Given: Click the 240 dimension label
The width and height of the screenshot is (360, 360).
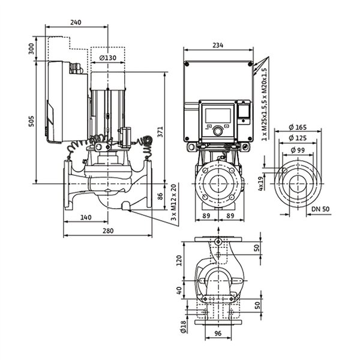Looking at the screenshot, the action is click(x=76, y=22).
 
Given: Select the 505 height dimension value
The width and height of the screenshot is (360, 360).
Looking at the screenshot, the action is click(x=31, y=121).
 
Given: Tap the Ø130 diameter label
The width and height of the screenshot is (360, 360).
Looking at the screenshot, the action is click(x=107, y=58).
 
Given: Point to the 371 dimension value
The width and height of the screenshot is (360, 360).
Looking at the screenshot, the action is click(x=160, y=132).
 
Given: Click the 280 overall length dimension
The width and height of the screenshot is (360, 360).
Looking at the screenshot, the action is click(x=108, y=230).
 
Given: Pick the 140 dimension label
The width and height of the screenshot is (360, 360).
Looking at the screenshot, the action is click(x=86, y=217).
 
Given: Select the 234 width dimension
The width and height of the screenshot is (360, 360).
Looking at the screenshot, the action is click(x=218, y=45).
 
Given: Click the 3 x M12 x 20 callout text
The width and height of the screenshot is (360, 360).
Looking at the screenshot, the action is click(x=174, y=202).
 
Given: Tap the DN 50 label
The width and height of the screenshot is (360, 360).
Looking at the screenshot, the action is click(x=320, y=209).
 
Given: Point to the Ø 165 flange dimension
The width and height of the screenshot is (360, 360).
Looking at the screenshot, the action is click(x=298, y=127).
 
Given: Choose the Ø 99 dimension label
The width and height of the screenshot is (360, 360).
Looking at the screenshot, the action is click(x=298, y=150).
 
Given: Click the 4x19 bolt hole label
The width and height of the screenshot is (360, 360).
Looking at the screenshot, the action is click(x=261, y=184).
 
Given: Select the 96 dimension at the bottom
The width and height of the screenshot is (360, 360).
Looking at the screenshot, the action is click(x=218, y=334).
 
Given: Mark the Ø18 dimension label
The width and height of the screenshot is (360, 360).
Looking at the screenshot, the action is click(x=183, y=327).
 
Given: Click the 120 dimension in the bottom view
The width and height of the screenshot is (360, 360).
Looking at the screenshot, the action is click(x=179, y=260).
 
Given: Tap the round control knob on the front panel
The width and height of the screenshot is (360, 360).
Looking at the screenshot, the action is click(x=218, y=131).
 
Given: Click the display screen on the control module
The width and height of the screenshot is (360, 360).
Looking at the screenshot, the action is click(x=218, y=115).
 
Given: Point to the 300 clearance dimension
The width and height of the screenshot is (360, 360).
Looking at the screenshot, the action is click(x=31, y=49).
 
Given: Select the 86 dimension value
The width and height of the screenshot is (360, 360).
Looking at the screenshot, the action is click(x=160, y=196).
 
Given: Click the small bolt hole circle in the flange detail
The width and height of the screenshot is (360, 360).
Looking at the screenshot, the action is click(x=284, y=170).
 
